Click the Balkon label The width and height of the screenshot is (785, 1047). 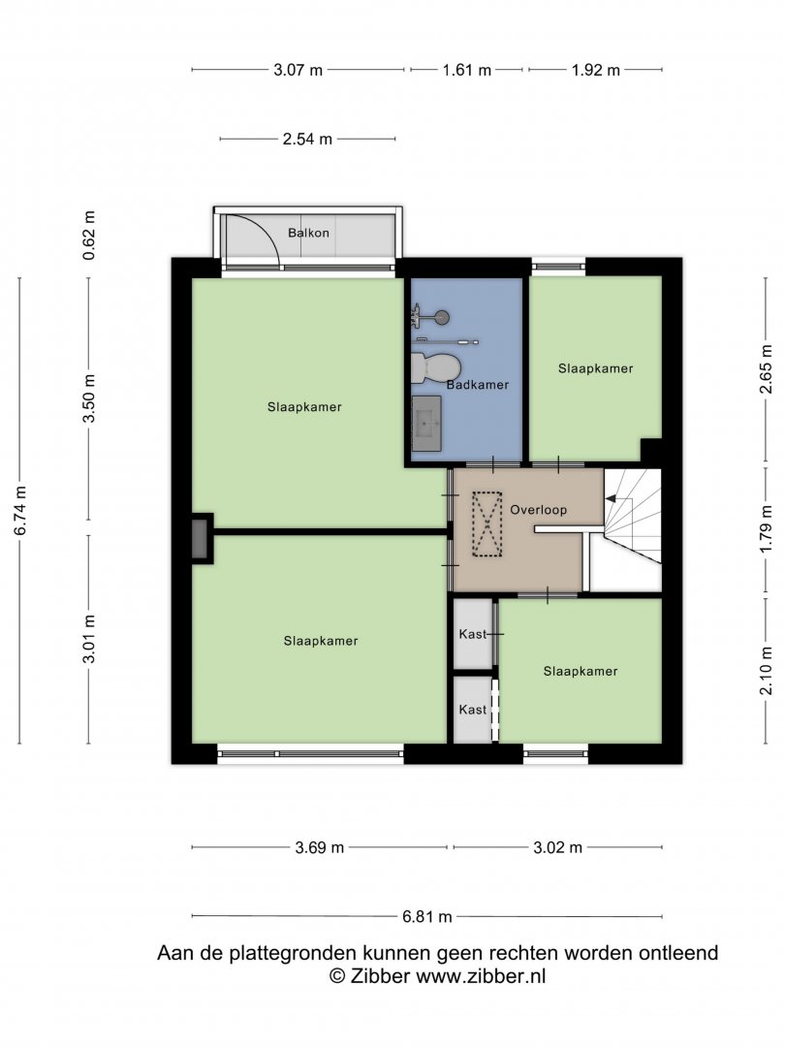[308, 233]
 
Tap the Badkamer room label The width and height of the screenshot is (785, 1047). [477, 385]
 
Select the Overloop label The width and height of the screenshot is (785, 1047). [538, 510]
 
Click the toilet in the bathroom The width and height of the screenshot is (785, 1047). [436, 368]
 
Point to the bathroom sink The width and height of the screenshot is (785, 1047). [425, 424]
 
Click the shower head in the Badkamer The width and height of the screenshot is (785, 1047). [441, 317]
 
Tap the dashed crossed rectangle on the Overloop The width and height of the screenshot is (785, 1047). [487, 524]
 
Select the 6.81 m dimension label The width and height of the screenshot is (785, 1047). [427, 917]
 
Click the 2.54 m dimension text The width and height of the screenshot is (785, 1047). [307, 139]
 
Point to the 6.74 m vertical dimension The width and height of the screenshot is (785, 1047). [20, 510]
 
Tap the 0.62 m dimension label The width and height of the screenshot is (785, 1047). [89, 235]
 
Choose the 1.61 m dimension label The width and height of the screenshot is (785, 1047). [466, 70]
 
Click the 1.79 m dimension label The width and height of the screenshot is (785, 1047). [767, 529]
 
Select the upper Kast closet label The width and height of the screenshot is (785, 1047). [473, 634]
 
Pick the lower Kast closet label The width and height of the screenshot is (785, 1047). [473, 709]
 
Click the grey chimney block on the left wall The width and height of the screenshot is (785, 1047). [200, 539]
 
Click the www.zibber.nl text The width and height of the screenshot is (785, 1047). [481, 976]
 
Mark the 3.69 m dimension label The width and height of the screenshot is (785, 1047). [320, 847]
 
